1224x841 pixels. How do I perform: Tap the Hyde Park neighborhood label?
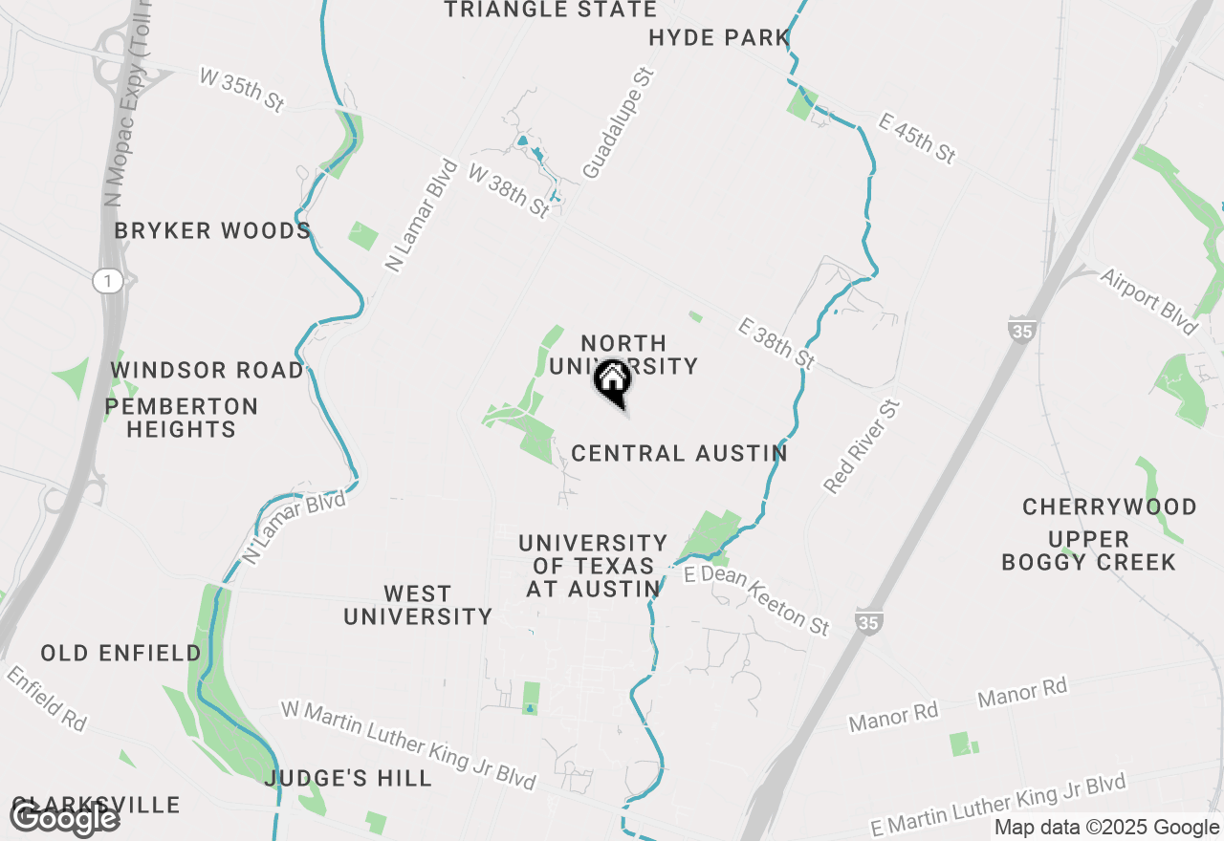coord(718,38)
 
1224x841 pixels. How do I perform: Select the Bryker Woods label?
coord(212,231)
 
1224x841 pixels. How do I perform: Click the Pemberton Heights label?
coord(182,418)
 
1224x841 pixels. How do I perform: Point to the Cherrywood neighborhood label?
coord(1109,507)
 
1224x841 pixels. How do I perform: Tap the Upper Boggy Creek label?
coord(1088,550)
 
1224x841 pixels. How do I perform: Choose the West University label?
coord(418,605)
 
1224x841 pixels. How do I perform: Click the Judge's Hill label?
coord(348,779)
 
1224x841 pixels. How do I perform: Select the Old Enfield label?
coord(120,654)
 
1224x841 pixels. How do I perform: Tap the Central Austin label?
coord(679,453)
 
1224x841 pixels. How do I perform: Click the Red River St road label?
coord(862,447)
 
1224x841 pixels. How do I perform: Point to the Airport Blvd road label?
coord(1148,301)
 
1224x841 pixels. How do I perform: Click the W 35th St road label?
coord(241,90)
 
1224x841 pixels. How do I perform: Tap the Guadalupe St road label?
coord(618,123)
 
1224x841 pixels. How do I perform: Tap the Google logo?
coord(64,818)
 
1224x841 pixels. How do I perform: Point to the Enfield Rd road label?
coord(47,700)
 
